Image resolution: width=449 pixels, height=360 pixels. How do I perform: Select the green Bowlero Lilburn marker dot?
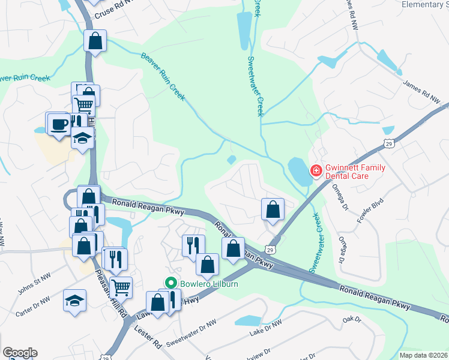pyautogui.click(x=171, y=283)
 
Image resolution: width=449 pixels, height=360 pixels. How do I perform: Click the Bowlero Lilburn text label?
pyautogui.click(x=204, y=283)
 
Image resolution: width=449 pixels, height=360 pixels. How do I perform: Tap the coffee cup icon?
pyautogui.click(x=59, y=124)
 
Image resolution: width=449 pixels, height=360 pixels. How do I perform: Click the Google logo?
pyautogui.click(x=20, y=353)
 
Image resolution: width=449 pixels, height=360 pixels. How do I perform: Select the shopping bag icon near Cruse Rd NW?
pyautogui.click(x=95, y=41)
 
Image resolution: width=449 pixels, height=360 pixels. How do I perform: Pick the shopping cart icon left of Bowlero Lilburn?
pyautogui.click(x=121, y=287)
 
